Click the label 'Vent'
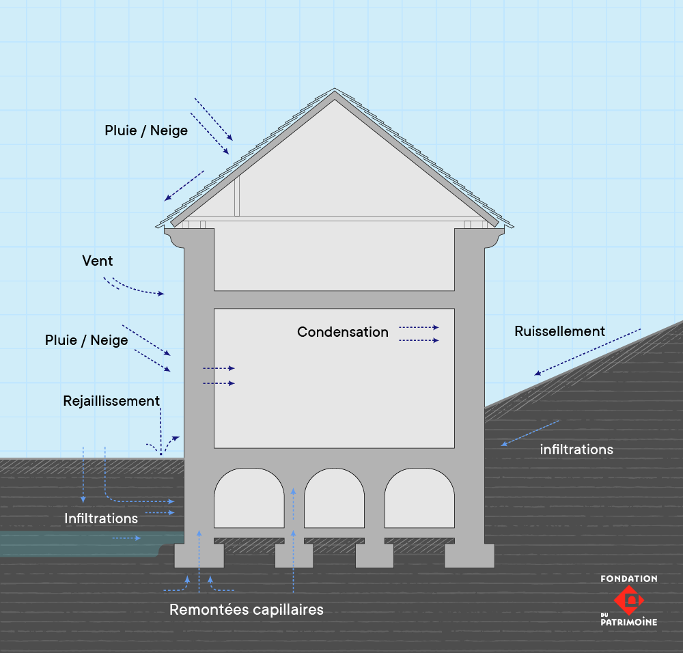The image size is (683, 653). (97, 261)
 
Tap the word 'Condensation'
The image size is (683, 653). (342, 332)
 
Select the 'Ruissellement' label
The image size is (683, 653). (559, 331)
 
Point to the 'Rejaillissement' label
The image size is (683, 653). (111, 401)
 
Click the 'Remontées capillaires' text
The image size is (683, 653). (246, 609)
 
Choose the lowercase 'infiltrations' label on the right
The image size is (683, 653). (576, 449)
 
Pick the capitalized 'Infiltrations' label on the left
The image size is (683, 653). (101, 518)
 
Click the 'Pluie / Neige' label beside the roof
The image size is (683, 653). (146, 130)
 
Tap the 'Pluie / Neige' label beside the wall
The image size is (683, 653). (87, 340)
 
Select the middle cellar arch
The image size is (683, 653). (335, 499)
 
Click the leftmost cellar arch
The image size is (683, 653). (249, 499)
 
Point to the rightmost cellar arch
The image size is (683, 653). (419, 499)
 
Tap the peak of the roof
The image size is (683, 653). (335, 91)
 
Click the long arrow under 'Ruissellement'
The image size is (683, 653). (587, 352)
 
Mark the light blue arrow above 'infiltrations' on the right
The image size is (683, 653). (530, 433)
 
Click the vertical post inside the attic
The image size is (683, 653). (237, 197)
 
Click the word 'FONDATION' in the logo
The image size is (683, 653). (628, 579)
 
